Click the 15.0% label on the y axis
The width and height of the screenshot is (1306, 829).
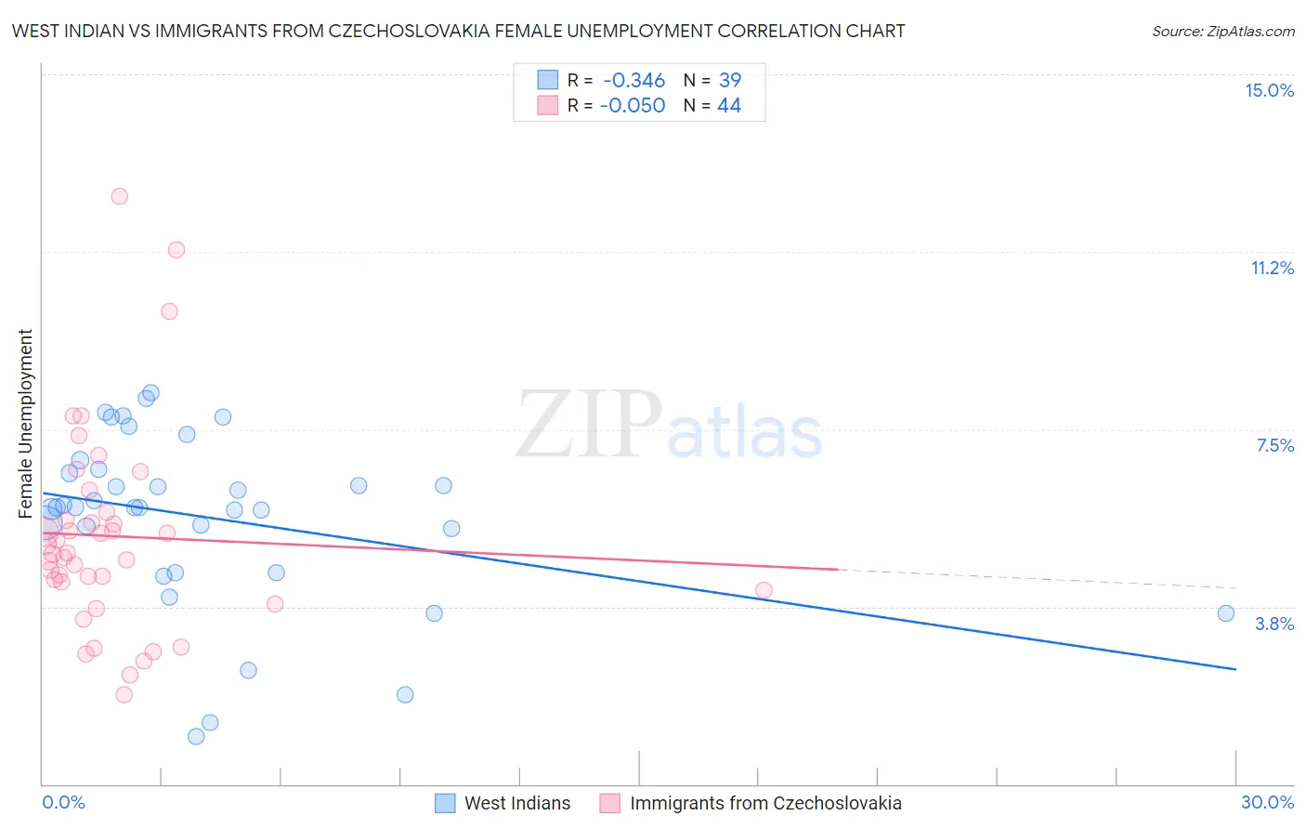pyautogui.click(x=1269, y=90)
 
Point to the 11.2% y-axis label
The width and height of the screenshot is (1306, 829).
pyautogui.click(x=1272, y=268)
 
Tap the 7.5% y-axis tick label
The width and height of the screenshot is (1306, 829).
pyautogui.click(x=1274, y=445)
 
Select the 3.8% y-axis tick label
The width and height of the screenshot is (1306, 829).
pyautogui.click(x=1274, y=624)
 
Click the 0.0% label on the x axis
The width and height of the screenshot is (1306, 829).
pyautogui.click(x=63, y=802)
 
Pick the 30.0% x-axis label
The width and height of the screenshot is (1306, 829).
pyautogui.click(x=1267, y=802)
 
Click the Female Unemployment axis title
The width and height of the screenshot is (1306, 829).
pyautogui.click(x=25, y=423)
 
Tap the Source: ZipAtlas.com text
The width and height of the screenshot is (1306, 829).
pyautogui.click(x=1222, y=31)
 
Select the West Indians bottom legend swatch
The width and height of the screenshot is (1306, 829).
pyautogui.click(x=446, y=803)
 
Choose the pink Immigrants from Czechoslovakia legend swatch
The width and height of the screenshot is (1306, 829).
pyautogui.click(x=609, y=803)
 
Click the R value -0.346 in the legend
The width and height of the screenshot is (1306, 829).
pyautogui.click(x=633, y=80)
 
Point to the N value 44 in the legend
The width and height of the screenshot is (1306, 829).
pyautogui.click(x=729, y=106)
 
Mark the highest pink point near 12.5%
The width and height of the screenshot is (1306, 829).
pyautogui.click(x=119, y=196)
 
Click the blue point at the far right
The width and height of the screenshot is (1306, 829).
pyautogui.click(x=1225, y=613)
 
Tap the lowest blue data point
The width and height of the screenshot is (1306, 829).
pyautogui.click(x=196, y=736)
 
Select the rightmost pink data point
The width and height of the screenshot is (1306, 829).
pyautogui.click(x=764, y=590)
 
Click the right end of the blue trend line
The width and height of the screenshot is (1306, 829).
pyautogui.click(x=1235, y=669)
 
